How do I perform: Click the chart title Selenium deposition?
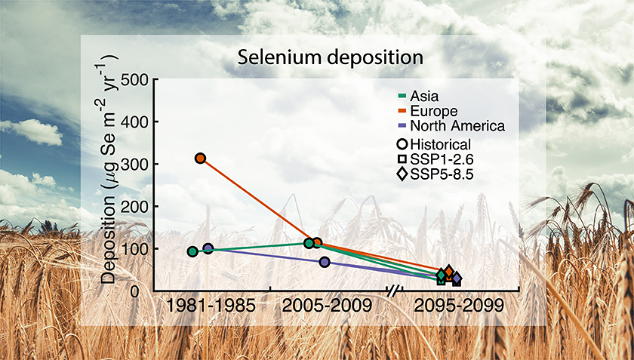[x=330, y=58]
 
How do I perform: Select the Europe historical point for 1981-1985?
[x=200, y=158]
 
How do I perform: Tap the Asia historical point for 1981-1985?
[x=192, y=251]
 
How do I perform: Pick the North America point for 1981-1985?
[x=208, y=248]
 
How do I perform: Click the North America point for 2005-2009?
[x=325, y=262]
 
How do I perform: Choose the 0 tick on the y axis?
[x=144, y=291]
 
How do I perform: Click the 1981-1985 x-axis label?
[x=211, y=306]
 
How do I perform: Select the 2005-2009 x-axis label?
[x=327, y=306]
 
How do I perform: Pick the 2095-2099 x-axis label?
[x=459, y=306]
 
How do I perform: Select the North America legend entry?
[x=451, y=126]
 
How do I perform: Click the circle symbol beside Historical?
[x=402, y=144]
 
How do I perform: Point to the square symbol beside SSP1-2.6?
[x=402, y=160]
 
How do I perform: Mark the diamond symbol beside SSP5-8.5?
[x=402, y=175]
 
